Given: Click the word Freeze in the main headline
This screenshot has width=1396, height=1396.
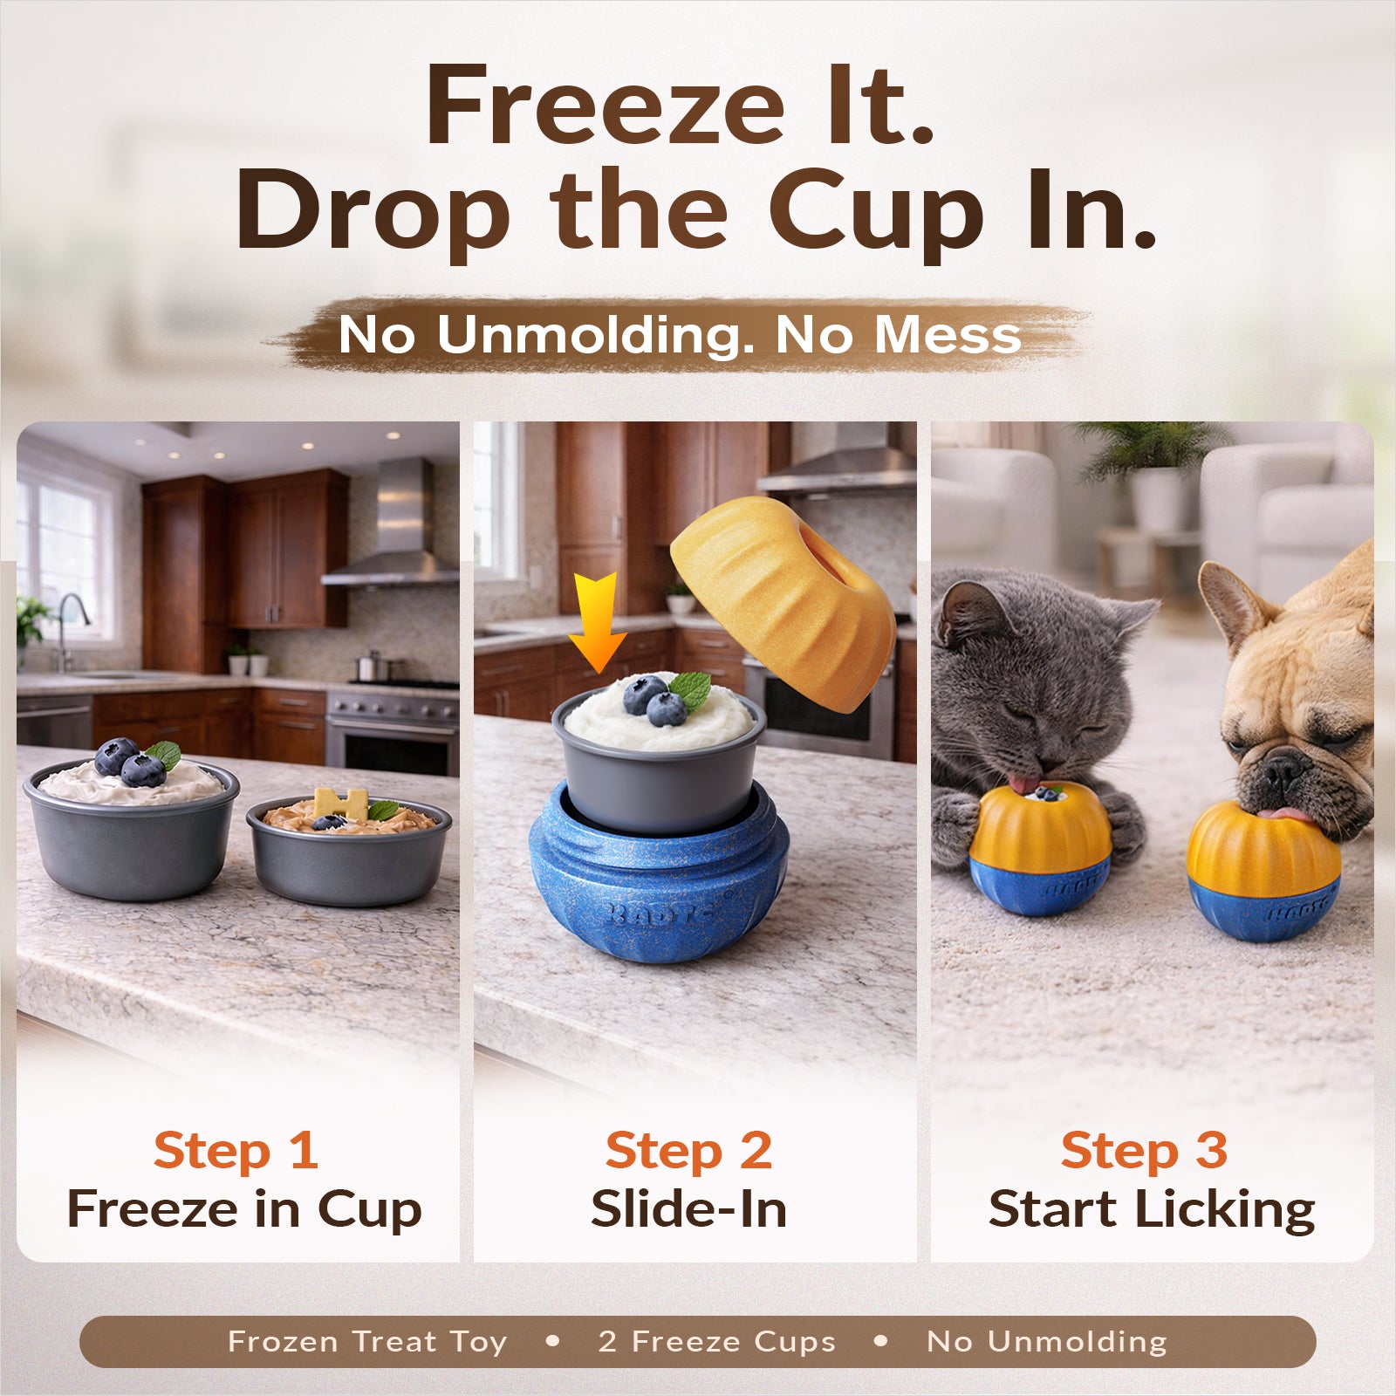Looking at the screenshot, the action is pyautogui.click(x=606, y=105).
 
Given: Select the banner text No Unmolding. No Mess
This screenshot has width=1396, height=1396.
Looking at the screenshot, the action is pyautogui.click(x=680, y=334).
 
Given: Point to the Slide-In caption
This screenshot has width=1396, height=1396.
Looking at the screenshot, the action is pyautogui.click(x=689, y=1209).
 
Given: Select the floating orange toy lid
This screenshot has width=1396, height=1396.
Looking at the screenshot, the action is pyautogui.click(x=783, y=602).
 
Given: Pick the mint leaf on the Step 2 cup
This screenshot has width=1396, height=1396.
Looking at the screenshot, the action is pyautogui.click(x=690, y=689).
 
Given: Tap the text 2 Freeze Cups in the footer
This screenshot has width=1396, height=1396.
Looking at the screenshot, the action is pyautogui.click(x=717, y=1341).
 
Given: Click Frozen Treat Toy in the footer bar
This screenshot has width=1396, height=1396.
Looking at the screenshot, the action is pyautogui.click(x=367, y=1341).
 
